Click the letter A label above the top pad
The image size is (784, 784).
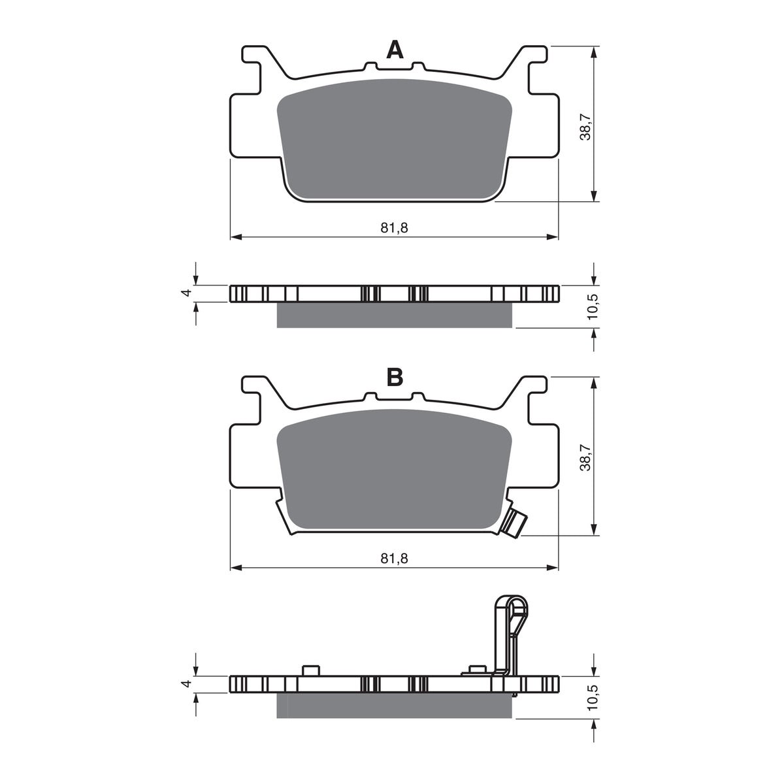395,50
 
